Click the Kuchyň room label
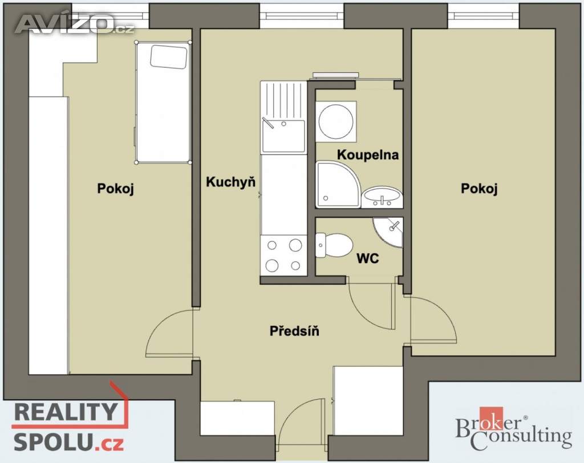click(x=231, y=182)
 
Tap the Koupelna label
click(x=368, y=155)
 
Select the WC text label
click(x=368, y=258)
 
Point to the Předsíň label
click(x=294, y=330)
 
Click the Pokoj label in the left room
click(x=115, y=189)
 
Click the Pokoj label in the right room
click(x=479, y=189)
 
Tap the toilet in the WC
click(x=334, y=245)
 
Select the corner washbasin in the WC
click(x=389, y=231)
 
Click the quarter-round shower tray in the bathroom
click(x=338, y=185)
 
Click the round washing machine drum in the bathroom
click(x=336, y=122)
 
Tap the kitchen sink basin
click(x=283, y=136)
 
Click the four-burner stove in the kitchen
click(x=284, y=256)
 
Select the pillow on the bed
click(x=169, y=56)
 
